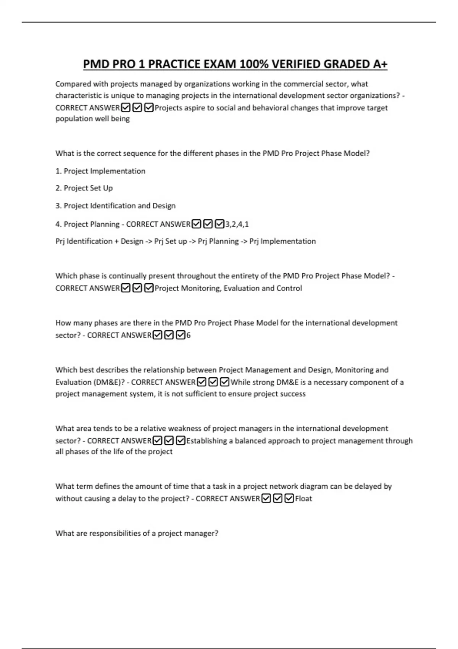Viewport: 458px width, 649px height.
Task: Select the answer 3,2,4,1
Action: (x=237, y=224)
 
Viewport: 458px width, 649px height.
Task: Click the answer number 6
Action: (x=188, y=335)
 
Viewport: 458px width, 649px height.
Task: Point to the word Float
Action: (x=303, y=499)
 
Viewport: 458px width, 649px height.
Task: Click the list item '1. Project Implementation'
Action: (x=100, y=171)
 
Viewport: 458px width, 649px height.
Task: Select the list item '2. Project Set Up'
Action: (x=84, y=188)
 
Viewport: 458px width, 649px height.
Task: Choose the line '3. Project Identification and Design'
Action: (x=115, y=206)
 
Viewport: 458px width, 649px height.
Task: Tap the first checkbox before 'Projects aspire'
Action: (x=125, y=108)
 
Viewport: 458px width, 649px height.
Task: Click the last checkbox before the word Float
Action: (x=289, y=499)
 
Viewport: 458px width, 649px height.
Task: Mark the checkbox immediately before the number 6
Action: (x=181, y=335)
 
